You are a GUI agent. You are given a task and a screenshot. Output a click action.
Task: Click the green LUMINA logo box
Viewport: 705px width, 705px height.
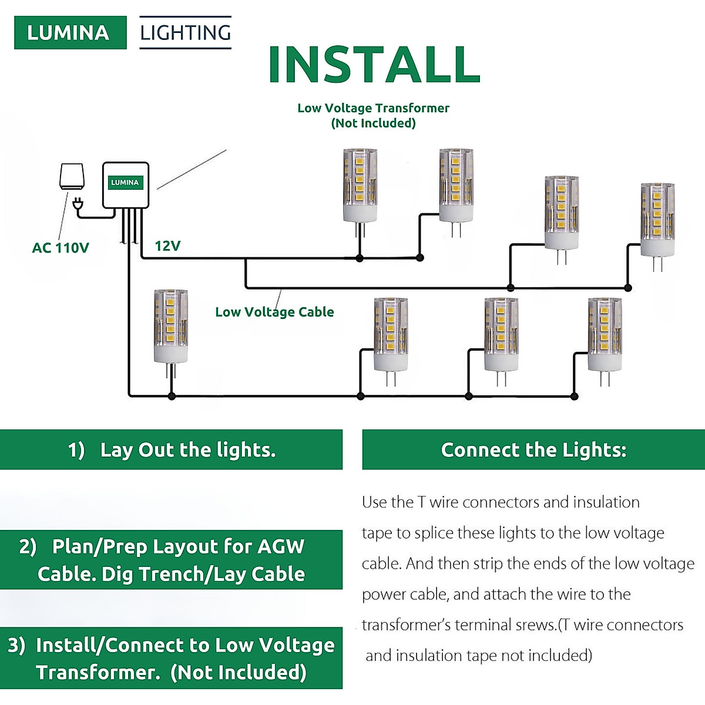(70, 32)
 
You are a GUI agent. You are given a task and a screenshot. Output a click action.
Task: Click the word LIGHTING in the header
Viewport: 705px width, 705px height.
(185, 32)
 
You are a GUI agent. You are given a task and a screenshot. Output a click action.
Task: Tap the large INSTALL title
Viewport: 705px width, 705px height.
(374, 64)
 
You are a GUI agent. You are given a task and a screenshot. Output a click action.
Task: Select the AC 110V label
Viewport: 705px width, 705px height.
(61, 248)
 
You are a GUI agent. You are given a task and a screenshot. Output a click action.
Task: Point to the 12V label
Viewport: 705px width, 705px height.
(167, 246)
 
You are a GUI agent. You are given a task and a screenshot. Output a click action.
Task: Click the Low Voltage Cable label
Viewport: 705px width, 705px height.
(274, 312)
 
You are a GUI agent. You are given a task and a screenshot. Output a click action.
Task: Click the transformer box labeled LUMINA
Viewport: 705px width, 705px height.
(125, 184)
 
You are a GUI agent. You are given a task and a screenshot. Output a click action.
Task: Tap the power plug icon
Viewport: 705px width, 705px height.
(77, 205)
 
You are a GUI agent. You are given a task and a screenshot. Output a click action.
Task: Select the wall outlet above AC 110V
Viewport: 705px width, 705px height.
(72, 176)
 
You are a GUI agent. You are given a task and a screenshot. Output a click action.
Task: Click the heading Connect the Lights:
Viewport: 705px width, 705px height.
(533, 450)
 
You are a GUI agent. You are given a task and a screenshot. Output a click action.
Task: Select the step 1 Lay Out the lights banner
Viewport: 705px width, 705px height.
(171, 450)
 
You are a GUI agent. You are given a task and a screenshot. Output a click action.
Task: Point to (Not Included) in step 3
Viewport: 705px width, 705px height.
(239, 672)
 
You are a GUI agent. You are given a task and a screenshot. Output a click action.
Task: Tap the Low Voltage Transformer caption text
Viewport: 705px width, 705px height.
(373, 108)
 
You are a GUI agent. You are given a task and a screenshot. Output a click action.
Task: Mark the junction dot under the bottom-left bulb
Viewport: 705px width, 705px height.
(172, 397)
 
